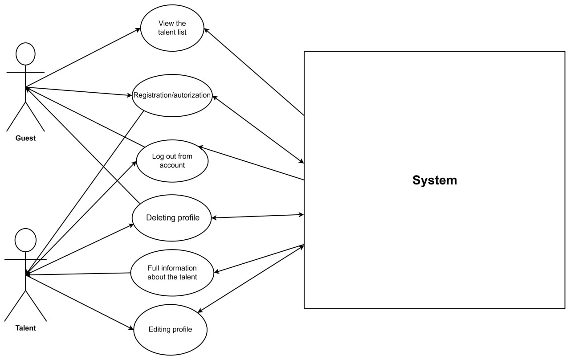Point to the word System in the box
[x=435, y=180]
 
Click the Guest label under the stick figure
[x=25, y=138]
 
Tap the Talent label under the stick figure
[x=25, y=328]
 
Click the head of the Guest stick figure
[x=25, y=54]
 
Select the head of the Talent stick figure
[x=25, y=240]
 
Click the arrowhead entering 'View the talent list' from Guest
[x=138, y=29]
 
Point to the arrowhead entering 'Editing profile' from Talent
[x=131, y=328]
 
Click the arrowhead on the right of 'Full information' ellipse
[x=217, y=272]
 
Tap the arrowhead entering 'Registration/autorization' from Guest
[x=129, y=95]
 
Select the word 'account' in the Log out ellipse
[x=172, y=165]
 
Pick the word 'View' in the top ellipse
[x=165, y=24]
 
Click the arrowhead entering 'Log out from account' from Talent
[x=134, y=164]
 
